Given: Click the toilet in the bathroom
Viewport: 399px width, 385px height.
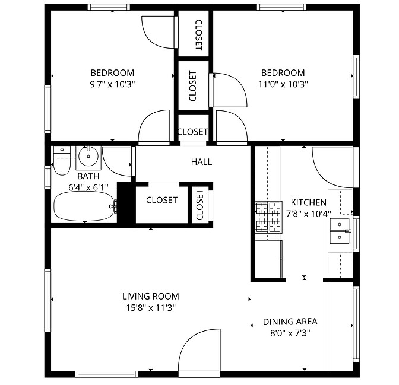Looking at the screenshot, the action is click(62, 160).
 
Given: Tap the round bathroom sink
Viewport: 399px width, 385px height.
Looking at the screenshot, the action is click(88, 156).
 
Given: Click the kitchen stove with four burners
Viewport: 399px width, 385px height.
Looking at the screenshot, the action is click(269, 217).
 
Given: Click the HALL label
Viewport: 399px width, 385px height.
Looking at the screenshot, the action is click(201, 162).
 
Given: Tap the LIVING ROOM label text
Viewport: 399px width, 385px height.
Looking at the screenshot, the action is click(151, 297).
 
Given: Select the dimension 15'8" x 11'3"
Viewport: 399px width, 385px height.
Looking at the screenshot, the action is click(151, 308).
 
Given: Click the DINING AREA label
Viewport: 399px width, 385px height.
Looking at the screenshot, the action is click(290, 322).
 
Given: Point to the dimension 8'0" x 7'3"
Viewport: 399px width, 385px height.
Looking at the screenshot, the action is click(290, 333).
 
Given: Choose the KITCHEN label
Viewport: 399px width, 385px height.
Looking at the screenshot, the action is click(308, 202).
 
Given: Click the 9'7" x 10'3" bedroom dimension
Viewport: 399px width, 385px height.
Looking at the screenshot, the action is click(112, 84).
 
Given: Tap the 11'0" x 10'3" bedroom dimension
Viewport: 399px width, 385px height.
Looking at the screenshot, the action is click(283, 84).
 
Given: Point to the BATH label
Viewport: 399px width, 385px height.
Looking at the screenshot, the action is click(88, 176).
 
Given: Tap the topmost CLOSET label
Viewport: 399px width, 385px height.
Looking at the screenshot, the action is click(198, 35).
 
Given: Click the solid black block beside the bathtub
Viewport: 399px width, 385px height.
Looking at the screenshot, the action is click(126, 202).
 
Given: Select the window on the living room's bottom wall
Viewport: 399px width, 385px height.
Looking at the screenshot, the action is click(107, 374).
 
